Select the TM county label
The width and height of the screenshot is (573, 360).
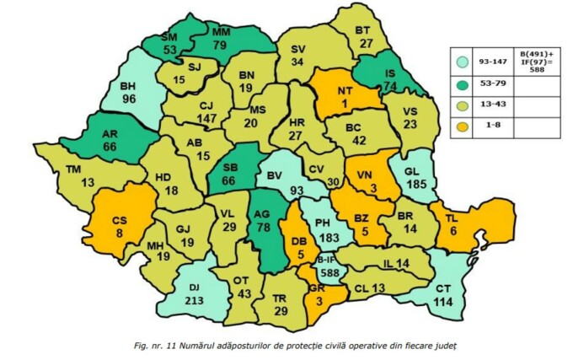[62, 169]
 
